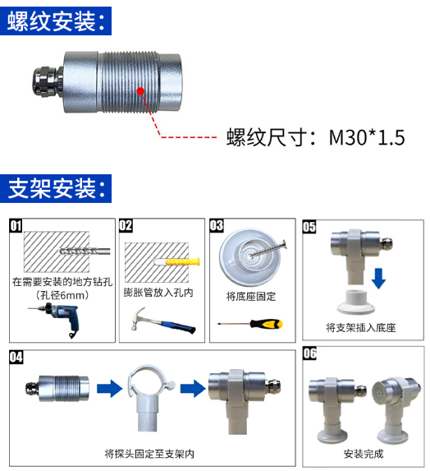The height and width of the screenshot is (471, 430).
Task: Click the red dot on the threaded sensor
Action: click(140, 90)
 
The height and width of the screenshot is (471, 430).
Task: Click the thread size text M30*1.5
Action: click(367, 137)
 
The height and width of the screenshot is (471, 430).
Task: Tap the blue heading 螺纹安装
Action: click(56, 21)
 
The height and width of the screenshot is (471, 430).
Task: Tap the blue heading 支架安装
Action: click(56, 188)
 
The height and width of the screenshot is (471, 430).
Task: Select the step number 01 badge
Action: click(16, 225)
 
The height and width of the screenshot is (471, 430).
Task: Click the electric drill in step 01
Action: click(56, 319)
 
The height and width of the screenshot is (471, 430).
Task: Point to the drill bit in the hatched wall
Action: click(85, 252)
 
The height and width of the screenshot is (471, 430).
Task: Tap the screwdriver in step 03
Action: click(249, 324)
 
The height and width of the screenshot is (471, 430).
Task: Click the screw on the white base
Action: click(268, 249)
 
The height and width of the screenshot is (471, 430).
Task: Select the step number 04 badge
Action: click(16, 358)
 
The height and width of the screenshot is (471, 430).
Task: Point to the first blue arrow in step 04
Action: click(109, 389)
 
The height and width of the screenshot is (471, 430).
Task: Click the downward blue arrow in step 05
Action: click(378, 279)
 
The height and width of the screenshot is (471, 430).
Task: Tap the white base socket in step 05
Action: click(356, 302)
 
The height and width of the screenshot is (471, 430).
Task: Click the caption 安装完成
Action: click(364, 454)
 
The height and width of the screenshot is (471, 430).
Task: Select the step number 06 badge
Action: click(309, 353)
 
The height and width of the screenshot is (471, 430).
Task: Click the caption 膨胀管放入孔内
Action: click(158, 293)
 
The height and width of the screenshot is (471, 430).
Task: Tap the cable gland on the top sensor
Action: click(47, 81)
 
